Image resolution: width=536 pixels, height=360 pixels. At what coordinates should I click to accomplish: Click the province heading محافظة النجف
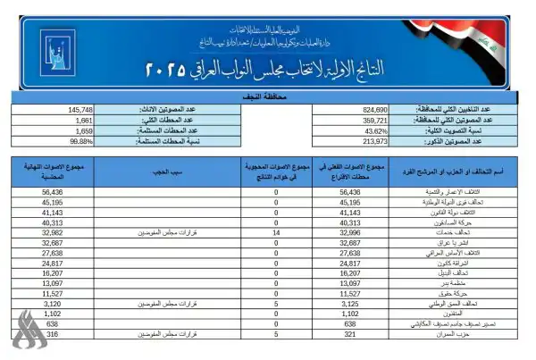(267, 95)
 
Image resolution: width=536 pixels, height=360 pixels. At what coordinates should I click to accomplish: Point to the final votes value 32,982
(53, 232)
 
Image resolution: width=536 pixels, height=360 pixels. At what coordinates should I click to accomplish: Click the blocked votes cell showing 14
(276, 232)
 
